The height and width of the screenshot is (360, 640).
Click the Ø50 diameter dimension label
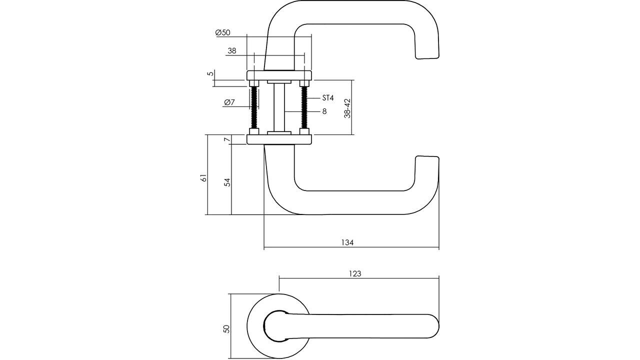point(222,32)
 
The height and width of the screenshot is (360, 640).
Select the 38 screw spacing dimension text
point(232,50)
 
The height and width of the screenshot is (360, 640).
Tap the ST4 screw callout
point(327,98)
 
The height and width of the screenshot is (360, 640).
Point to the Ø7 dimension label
point(229,102)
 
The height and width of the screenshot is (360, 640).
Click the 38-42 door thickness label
point(347,108)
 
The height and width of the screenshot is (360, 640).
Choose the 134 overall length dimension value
point(347,242)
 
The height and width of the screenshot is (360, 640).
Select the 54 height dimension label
point(227,182)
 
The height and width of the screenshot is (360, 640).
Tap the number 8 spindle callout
point(324,111)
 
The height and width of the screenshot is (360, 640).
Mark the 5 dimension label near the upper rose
point(211,73)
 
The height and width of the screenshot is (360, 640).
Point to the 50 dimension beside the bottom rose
point(226,329)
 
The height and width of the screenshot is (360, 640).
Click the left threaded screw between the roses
point(254,107)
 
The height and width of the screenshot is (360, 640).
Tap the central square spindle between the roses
point(279,107)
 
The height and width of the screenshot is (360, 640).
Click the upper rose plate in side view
point(279,75)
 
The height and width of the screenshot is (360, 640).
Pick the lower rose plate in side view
point(279,139)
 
